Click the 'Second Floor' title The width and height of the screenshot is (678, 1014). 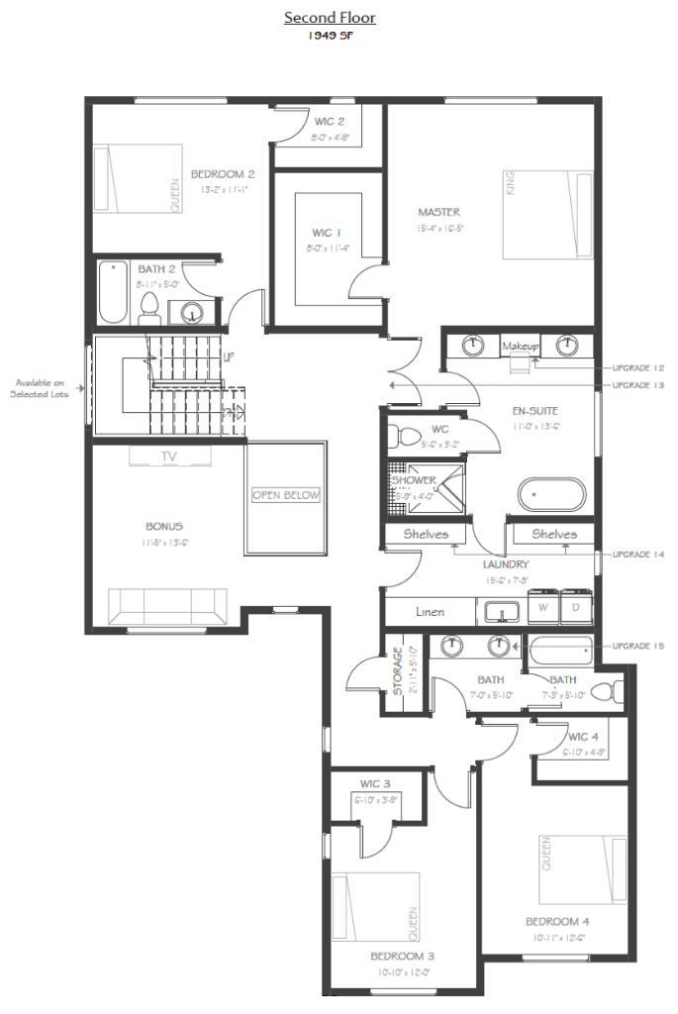coord(330,18)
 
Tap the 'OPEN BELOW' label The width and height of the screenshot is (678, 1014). coord(286,495)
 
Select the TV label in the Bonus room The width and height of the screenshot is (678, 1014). coord(169,456)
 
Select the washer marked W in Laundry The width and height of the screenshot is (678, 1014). coord(542,607)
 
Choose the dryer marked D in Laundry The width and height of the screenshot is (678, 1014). coord(575,607)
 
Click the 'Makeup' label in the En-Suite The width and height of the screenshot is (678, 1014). coord(520,346)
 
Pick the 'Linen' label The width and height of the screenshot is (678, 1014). coord(430,612)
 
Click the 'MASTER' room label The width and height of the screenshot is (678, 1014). coord(438,212)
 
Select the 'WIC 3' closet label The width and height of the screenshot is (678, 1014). coord(375,783)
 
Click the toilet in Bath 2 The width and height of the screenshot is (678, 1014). coord(150,308)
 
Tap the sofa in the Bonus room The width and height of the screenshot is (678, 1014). coord(167,605)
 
